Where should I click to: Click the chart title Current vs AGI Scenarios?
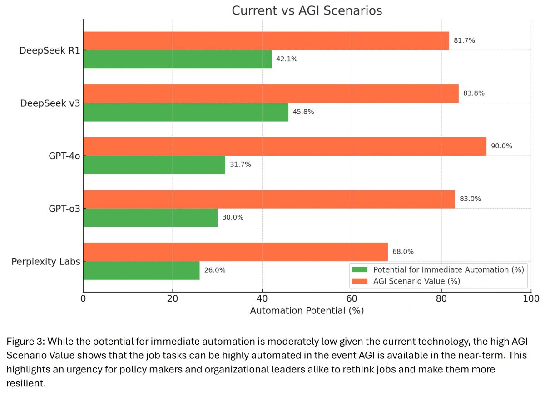(x=307, y=10)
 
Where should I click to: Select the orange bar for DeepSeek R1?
(x=266, y=40)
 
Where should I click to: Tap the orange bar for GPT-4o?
(x=284, y=146)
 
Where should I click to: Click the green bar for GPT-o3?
(x=150, y=217)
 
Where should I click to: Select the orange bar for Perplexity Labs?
(x=235, y=252)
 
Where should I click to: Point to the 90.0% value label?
(x=501, y=146)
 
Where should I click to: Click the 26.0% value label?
(x=214, y=270)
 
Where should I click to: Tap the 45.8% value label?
(x=303, y=112)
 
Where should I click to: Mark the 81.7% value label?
(x=464, y=40)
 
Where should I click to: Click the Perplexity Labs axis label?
(x=45, y=262)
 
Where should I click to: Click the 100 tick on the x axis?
(x=530, y=298)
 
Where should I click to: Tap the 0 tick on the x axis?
(x=83, y=298)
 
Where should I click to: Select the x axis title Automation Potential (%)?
(x=307, y=311)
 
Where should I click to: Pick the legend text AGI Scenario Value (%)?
(x=416, y=281)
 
